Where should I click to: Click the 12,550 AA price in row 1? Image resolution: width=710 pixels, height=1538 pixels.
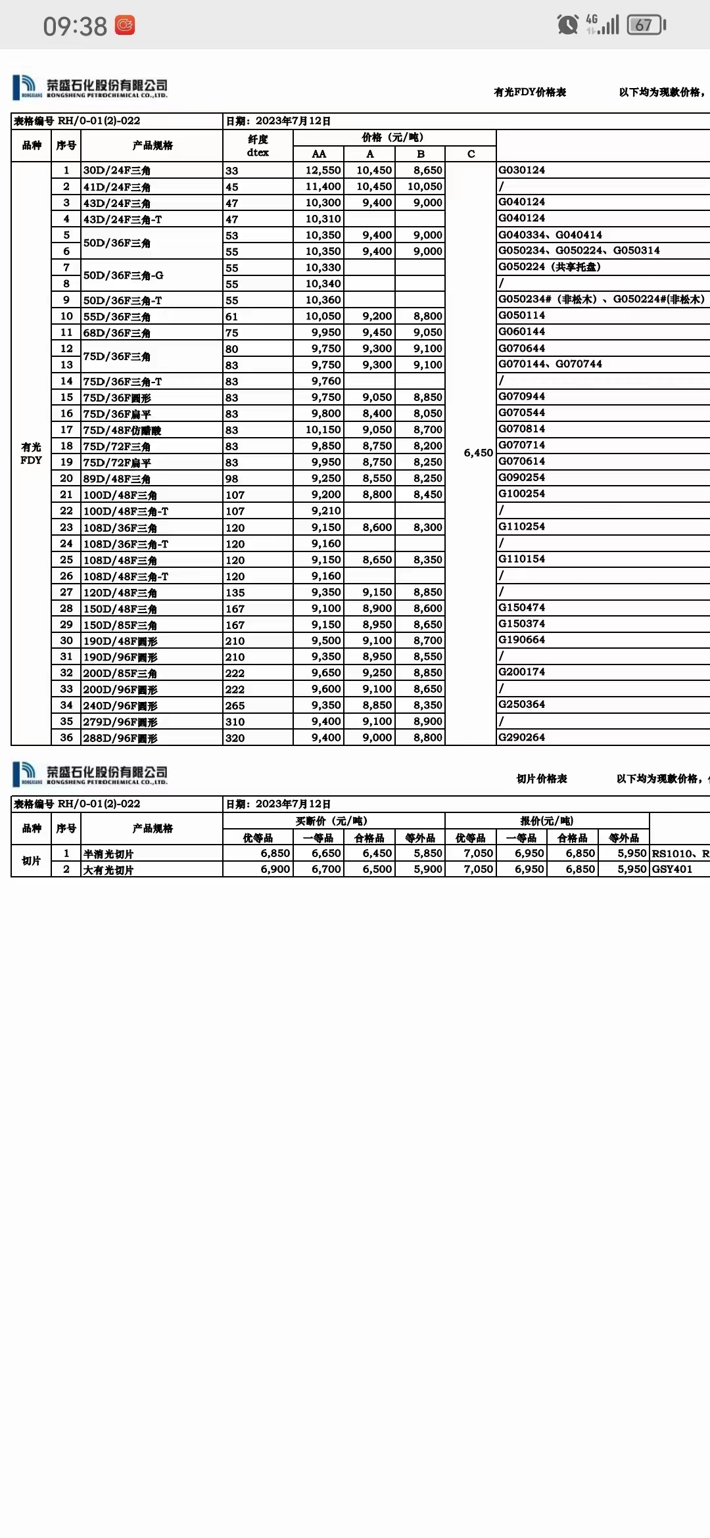323,170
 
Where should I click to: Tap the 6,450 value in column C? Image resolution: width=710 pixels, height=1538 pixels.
478,453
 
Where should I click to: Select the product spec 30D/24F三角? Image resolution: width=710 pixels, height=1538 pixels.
116,170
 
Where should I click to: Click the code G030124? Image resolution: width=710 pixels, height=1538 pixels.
521,170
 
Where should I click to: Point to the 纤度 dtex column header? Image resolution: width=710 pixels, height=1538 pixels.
258,146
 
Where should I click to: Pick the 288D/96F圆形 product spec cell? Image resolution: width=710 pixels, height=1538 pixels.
120,738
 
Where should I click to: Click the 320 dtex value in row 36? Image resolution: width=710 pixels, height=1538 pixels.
235,738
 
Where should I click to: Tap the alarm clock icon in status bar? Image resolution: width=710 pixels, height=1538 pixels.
567,25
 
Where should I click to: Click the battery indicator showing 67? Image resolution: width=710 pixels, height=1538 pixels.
646,25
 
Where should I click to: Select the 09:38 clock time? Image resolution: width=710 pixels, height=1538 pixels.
75,26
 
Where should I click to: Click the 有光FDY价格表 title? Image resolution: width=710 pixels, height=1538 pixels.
530,93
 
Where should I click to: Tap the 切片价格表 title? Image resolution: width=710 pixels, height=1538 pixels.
542,779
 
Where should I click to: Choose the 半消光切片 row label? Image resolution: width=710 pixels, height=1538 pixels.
108,854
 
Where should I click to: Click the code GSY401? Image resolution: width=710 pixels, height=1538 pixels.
672,869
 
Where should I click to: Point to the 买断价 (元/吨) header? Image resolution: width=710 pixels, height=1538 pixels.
331,821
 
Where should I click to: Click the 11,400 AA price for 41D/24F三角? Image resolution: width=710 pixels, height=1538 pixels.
323,187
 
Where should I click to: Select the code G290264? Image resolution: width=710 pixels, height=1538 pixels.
521,737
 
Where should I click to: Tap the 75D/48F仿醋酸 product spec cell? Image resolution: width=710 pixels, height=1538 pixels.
122,430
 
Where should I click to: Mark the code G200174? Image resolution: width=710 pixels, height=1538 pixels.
521,672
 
